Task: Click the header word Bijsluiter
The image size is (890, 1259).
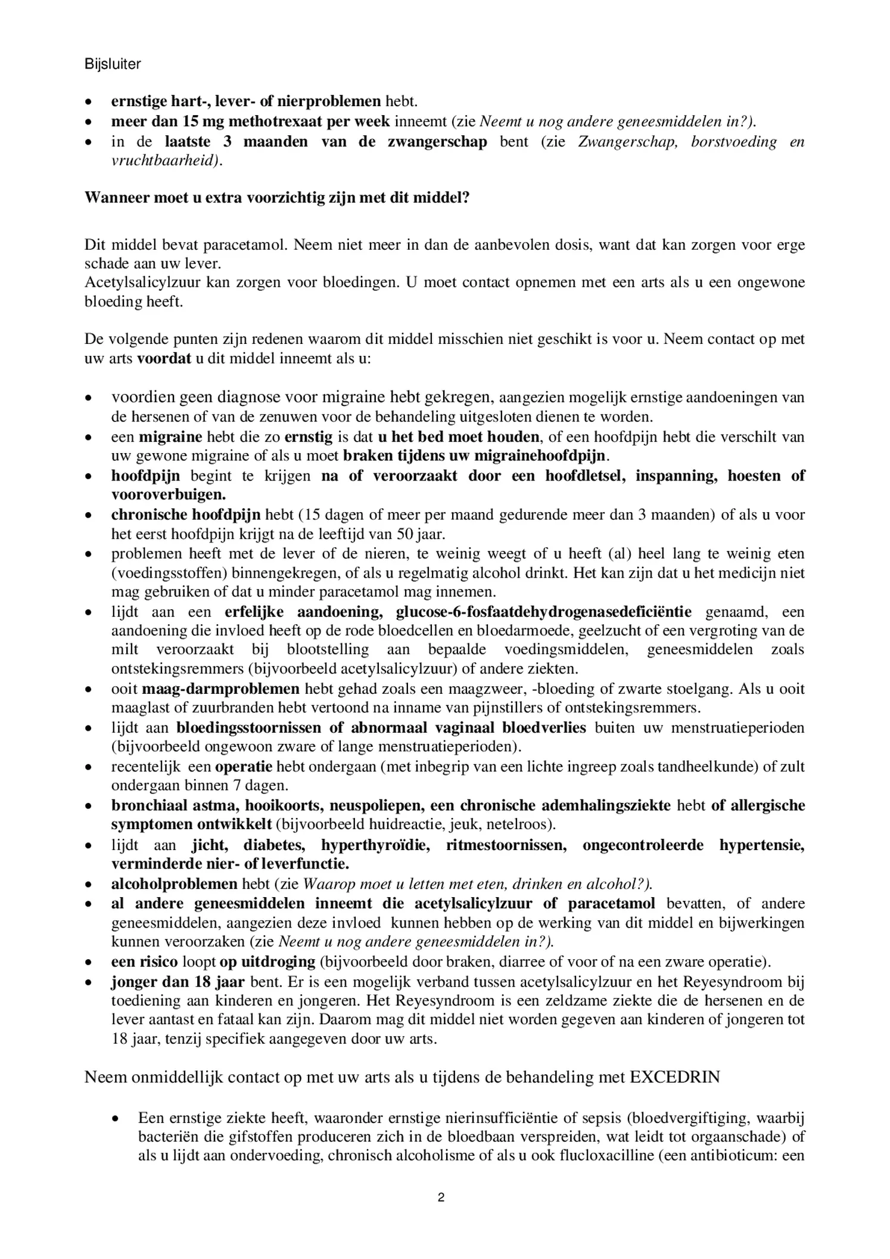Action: coord(113,64)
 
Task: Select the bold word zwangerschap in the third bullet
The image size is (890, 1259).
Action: coord(437,142)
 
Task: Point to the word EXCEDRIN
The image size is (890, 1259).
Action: coord(674,1078)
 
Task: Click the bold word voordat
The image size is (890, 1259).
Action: coord(164,359)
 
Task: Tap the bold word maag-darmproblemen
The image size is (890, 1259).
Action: coord(220,689)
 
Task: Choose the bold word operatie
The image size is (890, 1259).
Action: coord(244,767)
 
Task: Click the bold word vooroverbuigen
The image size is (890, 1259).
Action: coord(169,495)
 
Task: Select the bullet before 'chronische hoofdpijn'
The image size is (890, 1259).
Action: coord(88,515)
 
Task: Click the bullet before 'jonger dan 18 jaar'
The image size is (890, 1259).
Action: coord(88,982)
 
